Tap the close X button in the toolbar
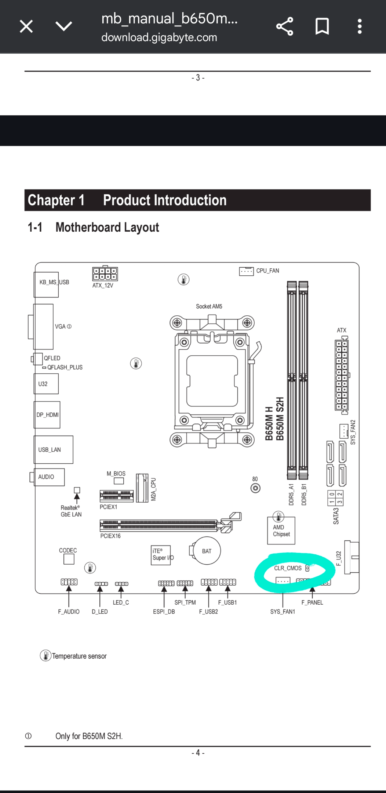[x=26, y=26]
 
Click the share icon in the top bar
[x=285, y=26]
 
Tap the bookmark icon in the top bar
[x=322, y=26]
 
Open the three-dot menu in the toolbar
[x=360, y=26]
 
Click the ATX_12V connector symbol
[x=105, y=274]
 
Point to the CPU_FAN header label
[x=267, y=271]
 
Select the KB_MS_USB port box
[x=46, y=285]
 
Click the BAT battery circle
[x=207, y=551]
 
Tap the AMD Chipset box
[x=281, y=531]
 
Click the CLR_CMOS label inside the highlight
[x=288, y=568]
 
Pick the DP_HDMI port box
[x=47, y=415]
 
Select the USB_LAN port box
[x=53, y=450]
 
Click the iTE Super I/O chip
[x=161, y=555]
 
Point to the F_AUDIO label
[x=69, y=612]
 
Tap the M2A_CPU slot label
[x=154, y=489]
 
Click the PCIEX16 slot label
[x=110, y=536]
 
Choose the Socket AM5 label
[x=209, y=307]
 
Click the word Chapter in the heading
[x=51, y=200]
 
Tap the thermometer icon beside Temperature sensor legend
[x=45, y=656]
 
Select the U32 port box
[x=46, y=384]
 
